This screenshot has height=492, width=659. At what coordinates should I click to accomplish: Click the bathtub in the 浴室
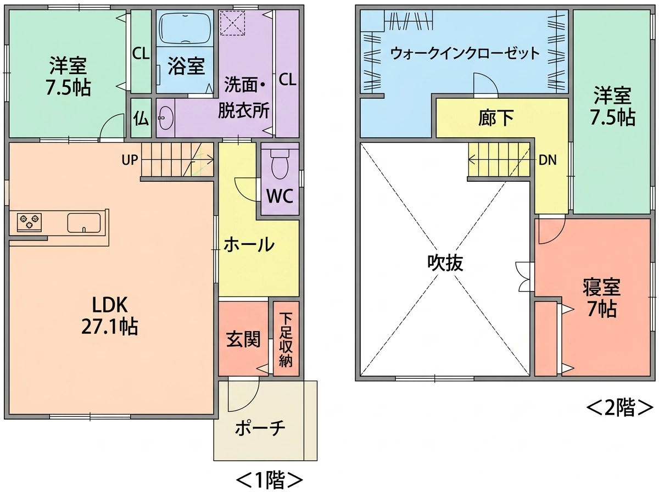pos(185,28)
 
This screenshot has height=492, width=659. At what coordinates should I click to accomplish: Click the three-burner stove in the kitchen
pos(29,222)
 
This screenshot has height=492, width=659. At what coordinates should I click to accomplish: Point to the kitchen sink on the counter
pos(84,223)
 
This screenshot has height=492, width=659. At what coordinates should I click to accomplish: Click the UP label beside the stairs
pos(130,160)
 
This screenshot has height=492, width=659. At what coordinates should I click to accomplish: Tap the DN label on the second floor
pos(548,160)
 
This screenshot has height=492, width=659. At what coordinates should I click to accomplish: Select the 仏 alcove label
pos(141,118)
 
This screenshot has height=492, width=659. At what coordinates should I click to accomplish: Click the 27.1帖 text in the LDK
pos(110,327)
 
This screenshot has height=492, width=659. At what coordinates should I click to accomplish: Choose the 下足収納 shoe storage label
pos(286,339)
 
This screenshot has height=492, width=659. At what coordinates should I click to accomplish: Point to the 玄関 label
pos(243,339)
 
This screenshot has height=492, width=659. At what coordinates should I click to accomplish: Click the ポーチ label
pos(260,428)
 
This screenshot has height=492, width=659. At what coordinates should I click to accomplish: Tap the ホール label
pos(249,245)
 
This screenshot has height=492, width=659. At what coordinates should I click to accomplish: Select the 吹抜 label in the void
pos(445,263)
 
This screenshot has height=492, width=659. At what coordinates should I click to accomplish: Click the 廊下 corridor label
pos(496,118)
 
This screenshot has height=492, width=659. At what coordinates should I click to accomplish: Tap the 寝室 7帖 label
pos(602,298)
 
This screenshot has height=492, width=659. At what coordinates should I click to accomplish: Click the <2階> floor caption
pos(619,407)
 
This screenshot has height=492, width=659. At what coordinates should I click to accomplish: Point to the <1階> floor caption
pos(269,480)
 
